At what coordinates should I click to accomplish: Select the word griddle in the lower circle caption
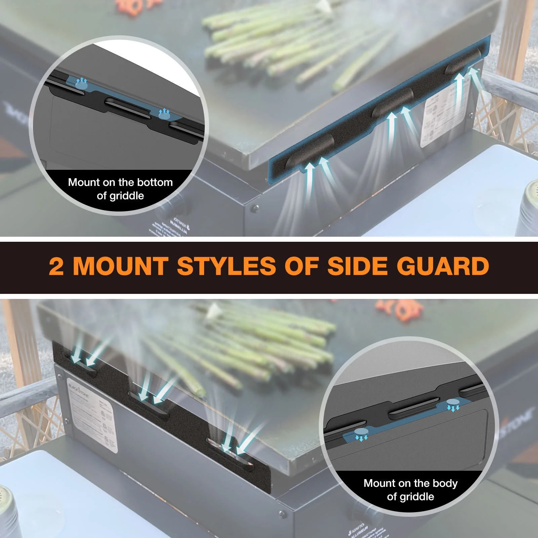pos(417,497)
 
